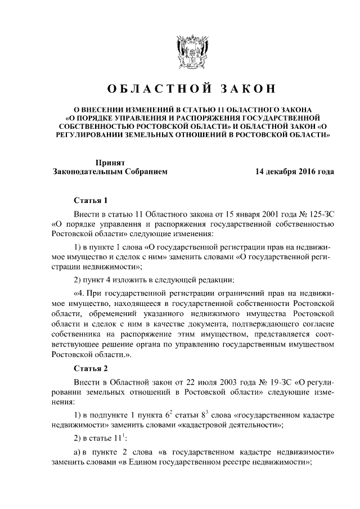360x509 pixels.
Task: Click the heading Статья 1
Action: click(91, 200)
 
